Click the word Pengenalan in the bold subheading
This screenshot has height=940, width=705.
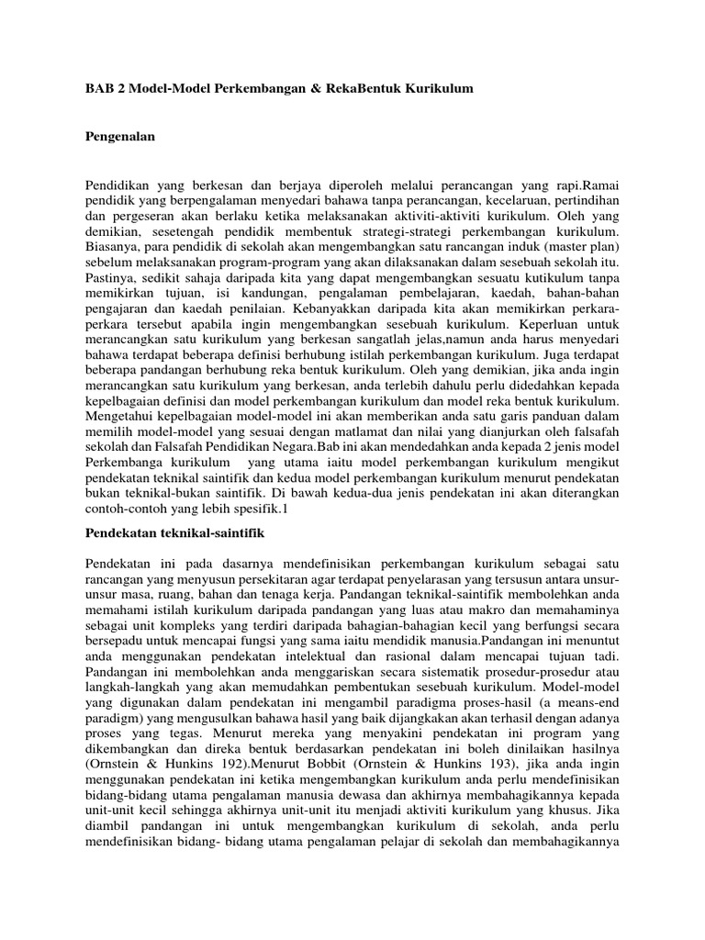click(120, 136)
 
